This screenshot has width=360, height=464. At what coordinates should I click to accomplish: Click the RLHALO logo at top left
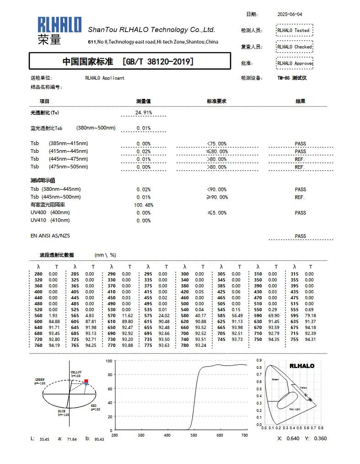59,30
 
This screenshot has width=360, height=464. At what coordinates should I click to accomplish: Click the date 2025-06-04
290,14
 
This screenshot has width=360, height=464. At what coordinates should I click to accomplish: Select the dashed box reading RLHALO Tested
295,30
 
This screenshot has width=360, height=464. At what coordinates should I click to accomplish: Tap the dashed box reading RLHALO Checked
295,47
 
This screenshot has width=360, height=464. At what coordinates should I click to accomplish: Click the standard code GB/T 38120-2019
157,61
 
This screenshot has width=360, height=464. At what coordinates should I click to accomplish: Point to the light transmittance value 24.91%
144,113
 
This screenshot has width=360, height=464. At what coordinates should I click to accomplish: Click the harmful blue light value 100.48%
144,205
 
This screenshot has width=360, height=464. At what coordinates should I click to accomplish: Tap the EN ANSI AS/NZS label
50,236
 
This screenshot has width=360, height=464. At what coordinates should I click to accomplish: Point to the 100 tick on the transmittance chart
109,361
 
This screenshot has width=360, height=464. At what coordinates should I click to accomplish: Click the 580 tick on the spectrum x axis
193,435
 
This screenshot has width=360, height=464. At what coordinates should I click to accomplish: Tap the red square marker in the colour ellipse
86,381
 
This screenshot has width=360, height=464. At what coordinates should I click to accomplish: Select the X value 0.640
293,438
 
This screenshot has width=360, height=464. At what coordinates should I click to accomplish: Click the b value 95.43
99,439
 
